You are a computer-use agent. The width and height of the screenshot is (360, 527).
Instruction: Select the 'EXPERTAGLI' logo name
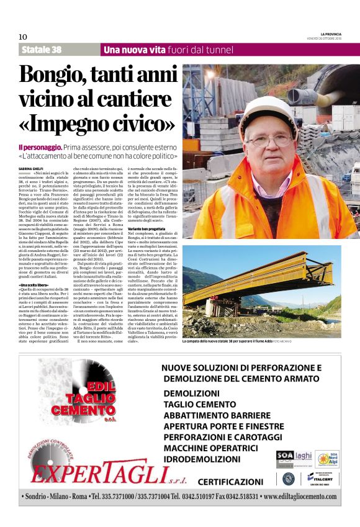tap(98, 474)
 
